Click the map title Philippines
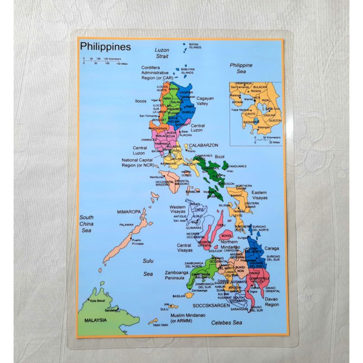(x=105, y=47)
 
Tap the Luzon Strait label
(x=162, y=53)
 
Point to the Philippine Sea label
(x=241, y=68)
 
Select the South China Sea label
(x=86, y=224)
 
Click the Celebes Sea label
(x=226, y=323)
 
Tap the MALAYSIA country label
(x=95, y=320)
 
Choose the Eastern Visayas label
(x=260, y=195)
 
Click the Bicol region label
(x=220, y=157)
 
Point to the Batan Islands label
(x=195, y=46)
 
